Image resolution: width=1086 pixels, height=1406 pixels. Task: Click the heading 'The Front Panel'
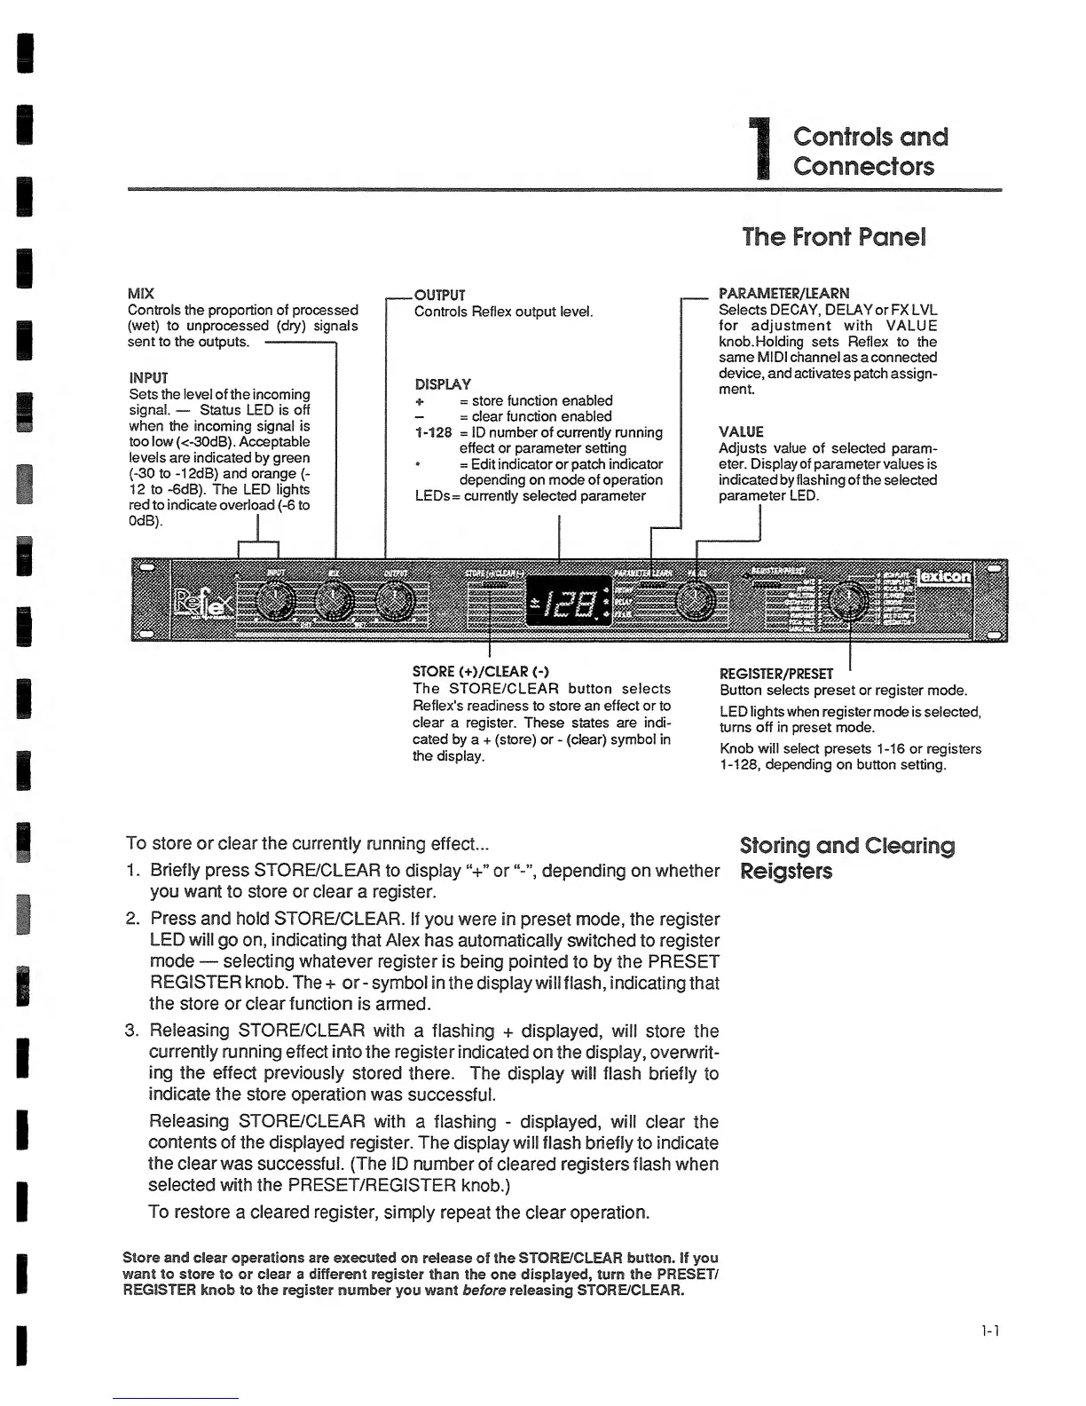tap(834, 237)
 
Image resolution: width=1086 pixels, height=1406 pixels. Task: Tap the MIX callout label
tap(140, 294)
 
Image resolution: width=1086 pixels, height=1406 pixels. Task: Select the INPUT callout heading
tap(148, 377)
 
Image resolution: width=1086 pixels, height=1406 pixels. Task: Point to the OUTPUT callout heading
tap(439, 295)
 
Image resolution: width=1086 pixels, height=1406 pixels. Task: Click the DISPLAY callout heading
tap(443, 384)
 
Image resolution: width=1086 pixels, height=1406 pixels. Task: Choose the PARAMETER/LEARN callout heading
tap(783, 293)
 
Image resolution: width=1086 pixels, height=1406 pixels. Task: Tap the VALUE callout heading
tap(741, 432)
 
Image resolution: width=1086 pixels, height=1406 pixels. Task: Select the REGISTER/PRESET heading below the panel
tap(776, 674)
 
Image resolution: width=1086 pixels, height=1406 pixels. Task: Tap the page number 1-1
tap(990, 1331)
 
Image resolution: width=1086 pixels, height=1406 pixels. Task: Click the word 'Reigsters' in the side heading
tap(786, 871)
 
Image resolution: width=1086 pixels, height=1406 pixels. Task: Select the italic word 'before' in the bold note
tap(484, 1290)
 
